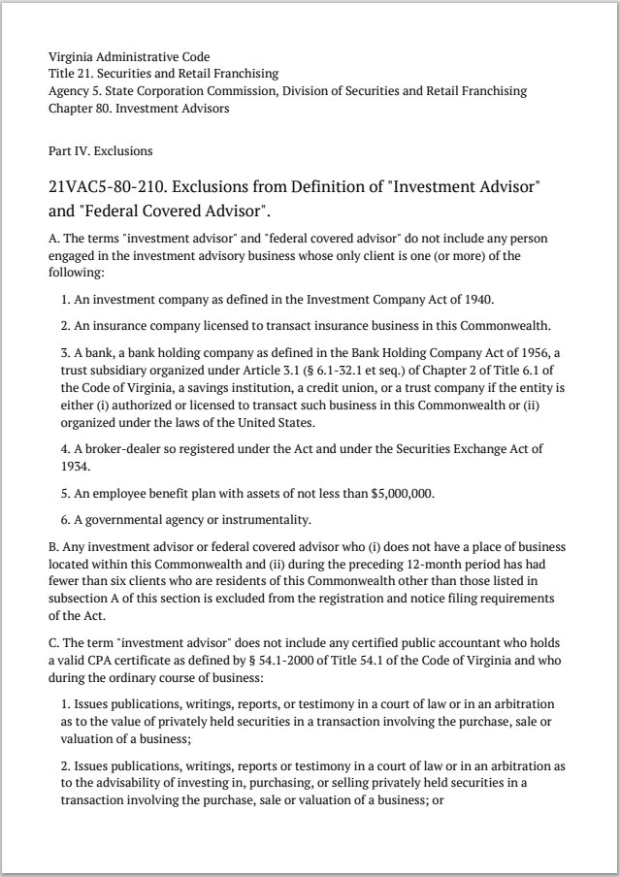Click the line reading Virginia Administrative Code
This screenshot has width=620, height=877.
click(x=128, y=57)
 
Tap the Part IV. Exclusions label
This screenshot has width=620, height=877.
click(x=100, y=151)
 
